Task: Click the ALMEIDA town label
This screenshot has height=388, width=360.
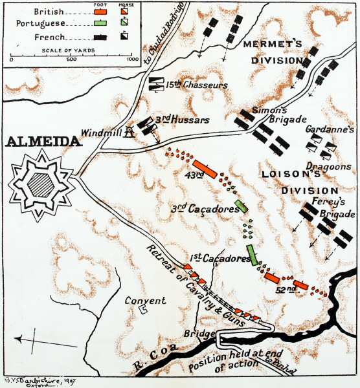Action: pyautogui.click(x=44, y=141)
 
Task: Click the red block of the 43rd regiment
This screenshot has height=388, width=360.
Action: pyautogui.click(x=205, y=169)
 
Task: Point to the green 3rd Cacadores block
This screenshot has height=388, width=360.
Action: pyautogui.click(x=241, y=206)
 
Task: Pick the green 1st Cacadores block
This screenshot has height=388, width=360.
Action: pyautogui.click(x=253, y=255)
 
